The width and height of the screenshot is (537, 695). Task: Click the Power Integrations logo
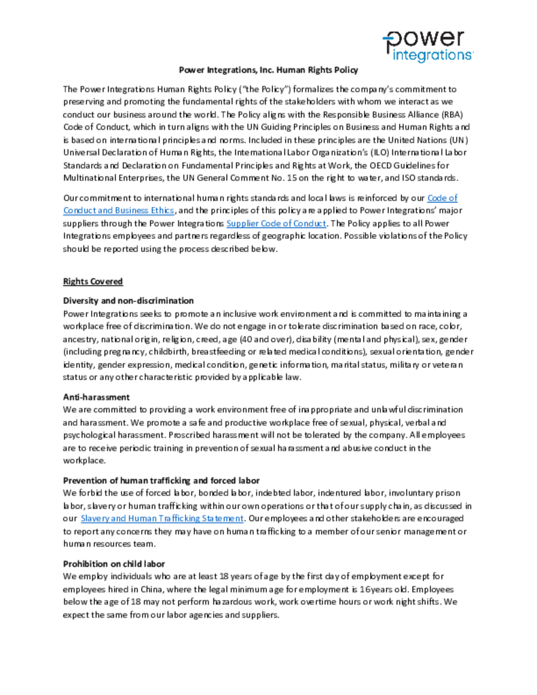pos(427,46)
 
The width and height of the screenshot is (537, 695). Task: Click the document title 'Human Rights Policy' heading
pos(268,70)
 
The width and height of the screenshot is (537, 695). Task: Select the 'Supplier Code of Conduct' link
pos(277,223)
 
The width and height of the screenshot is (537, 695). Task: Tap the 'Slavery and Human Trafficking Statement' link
pos(162,519)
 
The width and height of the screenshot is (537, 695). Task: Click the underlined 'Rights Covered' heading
pos(93,281)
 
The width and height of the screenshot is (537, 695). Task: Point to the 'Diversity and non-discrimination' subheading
pos(128,300)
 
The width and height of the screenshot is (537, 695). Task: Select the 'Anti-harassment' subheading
pos(96,397)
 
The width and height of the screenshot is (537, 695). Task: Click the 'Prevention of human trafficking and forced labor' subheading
pos(162,481)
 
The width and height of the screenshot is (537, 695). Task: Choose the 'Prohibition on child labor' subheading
pos(114,564)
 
